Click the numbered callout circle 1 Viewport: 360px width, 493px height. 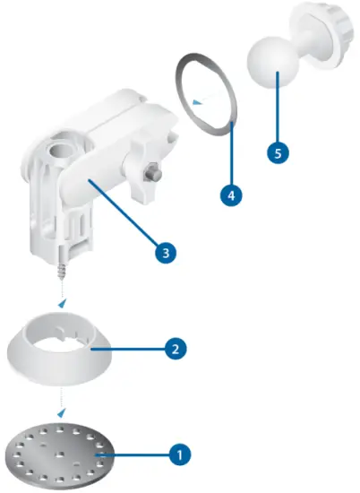point(179,454)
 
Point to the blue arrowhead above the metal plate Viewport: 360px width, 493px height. point(61,413)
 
